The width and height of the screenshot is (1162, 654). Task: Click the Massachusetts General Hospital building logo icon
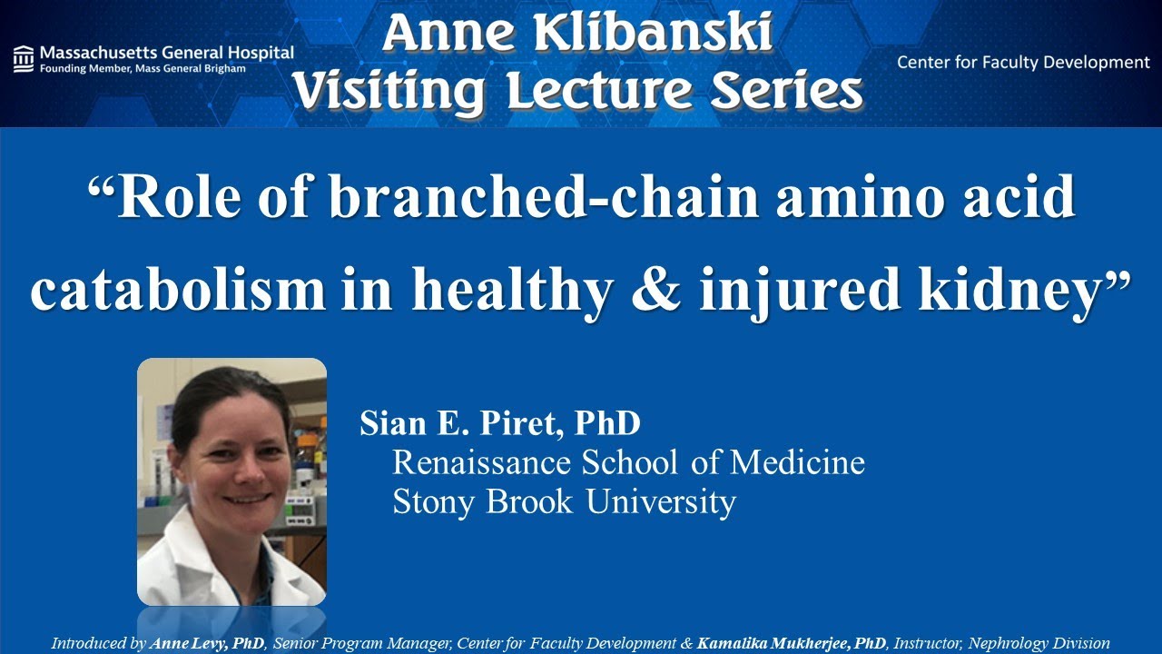[25, 58]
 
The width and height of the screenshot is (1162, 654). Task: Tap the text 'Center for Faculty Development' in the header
[1023, 63]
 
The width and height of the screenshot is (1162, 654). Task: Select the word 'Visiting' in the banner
[390, 91]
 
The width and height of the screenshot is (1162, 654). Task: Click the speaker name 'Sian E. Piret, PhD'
[500, 423]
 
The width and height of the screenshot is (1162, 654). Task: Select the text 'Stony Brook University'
[563, 501]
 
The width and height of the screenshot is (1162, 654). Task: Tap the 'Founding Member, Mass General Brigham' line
[143, 69]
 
